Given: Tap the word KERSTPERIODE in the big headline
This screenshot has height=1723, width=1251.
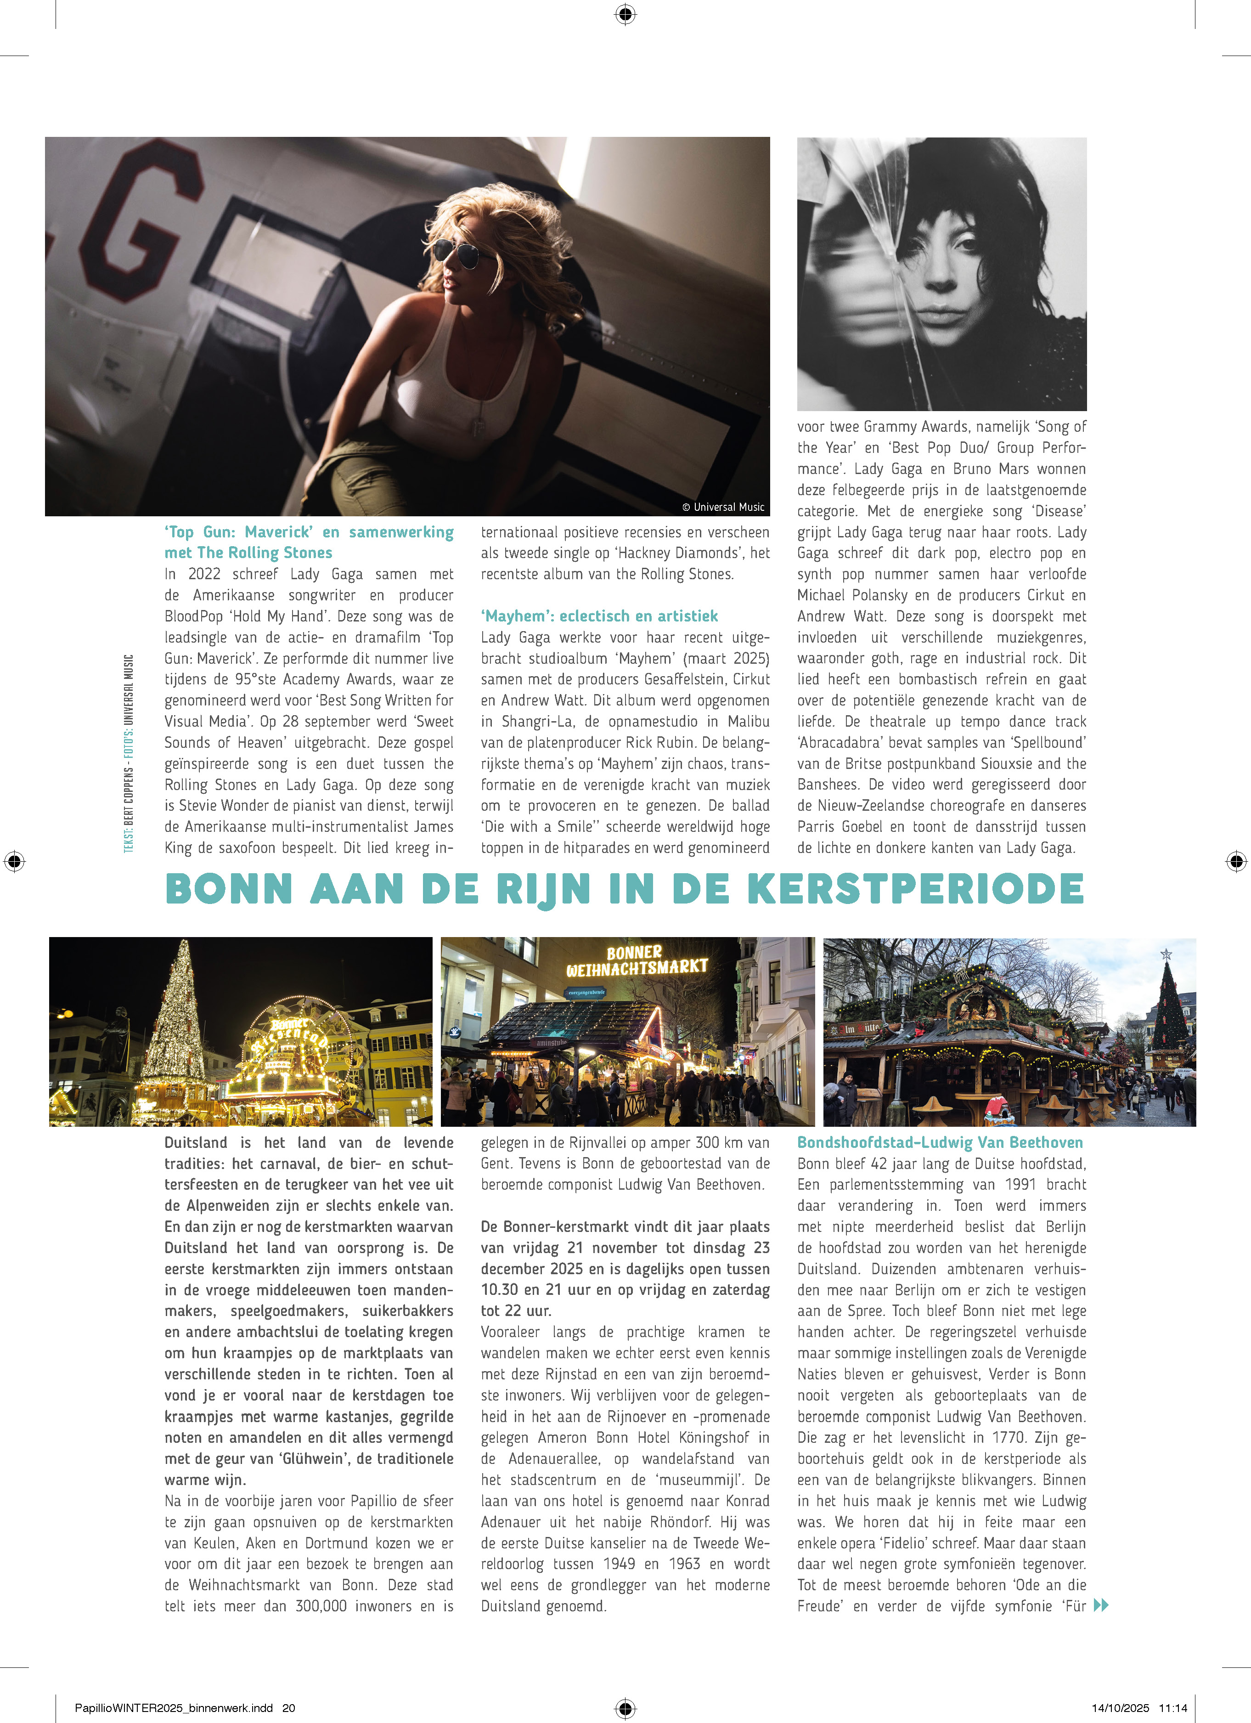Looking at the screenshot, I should (915, 889).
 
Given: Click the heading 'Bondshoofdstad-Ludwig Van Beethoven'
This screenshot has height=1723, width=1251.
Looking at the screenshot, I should (940, 1142).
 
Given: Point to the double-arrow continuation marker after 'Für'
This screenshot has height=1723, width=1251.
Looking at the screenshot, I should (1101, 1605).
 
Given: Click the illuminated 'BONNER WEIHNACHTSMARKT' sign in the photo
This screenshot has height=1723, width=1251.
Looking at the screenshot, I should (637, 960).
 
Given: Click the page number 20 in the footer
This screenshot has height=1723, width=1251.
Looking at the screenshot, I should (288, 1708).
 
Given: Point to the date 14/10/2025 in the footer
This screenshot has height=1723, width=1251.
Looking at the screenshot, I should (1121, 1708).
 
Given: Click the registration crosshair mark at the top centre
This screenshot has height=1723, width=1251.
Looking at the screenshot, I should (625, 14).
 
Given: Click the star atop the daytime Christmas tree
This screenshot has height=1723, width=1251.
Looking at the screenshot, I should (1166, 954).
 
